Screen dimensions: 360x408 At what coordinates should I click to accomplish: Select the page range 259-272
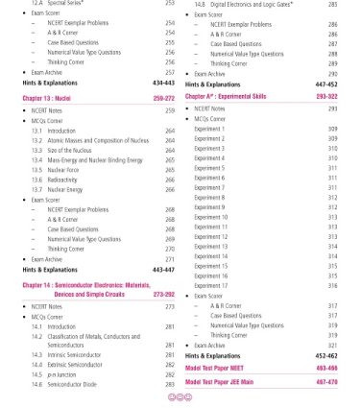click(164, 99)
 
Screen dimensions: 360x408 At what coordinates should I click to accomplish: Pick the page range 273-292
click(164, 295)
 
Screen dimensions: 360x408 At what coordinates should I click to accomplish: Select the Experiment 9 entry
click(210, 207)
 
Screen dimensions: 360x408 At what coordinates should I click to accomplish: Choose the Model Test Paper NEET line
click(224, 368)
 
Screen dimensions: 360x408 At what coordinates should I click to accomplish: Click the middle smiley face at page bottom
click(179, 397)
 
